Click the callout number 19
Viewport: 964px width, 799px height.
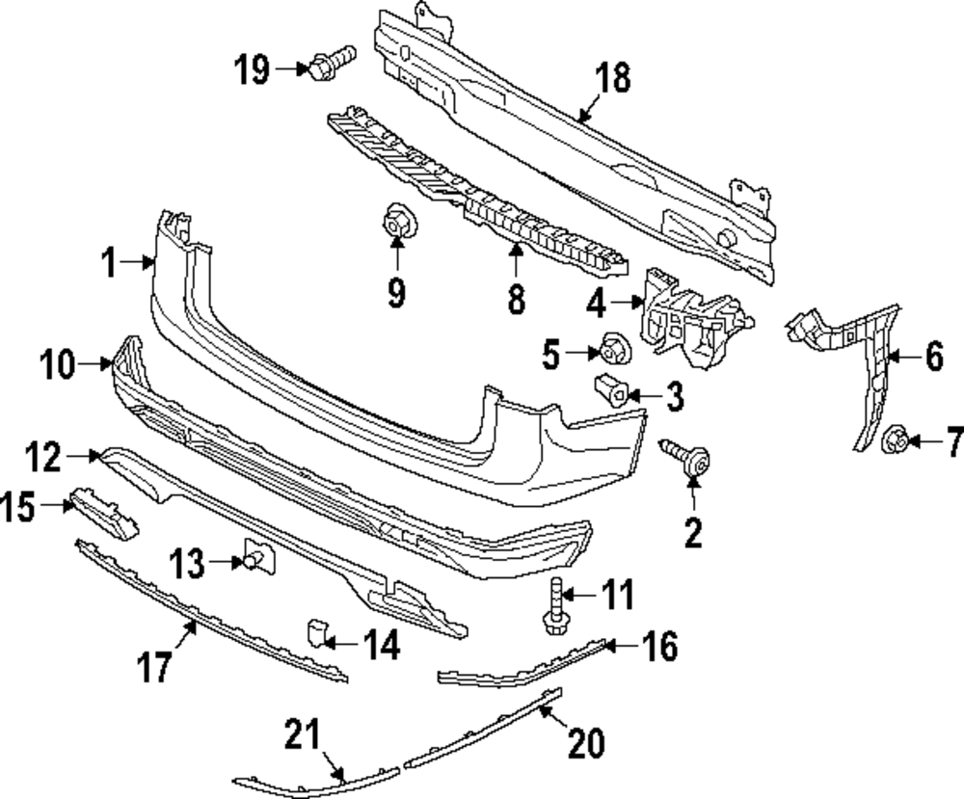coord(252,69)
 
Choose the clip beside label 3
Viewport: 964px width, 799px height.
coord(612,389)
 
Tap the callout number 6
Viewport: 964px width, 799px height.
coord(934,359)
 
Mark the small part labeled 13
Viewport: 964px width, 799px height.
coord(257,557)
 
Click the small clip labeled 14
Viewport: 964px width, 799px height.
coord(319,632)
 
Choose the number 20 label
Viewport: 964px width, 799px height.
coord(586,743)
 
